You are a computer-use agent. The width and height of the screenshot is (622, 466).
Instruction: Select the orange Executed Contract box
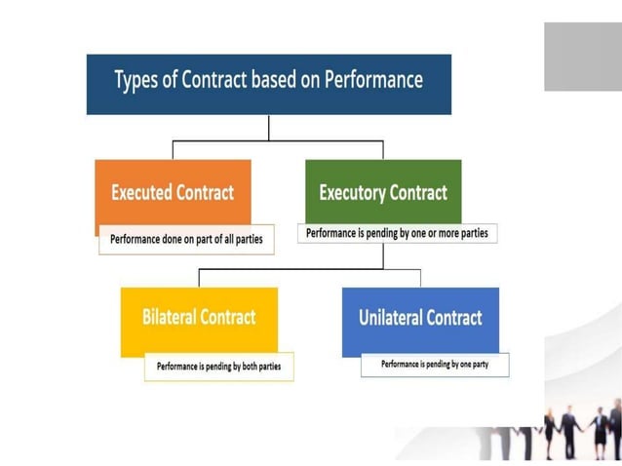[x=173, y=192]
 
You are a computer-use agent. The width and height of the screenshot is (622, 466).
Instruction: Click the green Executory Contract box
[x=383, y=192]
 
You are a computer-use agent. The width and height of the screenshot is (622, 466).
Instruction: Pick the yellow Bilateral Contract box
[x=199, y=318]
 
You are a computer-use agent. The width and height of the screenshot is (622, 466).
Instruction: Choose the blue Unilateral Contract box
[x=420, y=318]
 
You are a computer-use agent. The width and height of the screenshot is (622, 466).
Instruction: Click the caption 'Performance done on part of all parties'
[x=186, y=239]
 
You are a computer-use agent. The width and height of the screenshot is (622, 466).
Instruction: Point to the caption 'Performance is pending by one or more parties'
[x=397, y=234]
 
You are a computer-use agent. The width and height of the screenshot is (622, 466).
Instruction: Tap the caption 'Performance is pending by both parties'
[x=218, y=368]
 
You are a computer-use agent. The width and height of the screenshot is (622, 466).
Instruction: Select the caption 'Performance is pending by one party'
[x=435, y=365]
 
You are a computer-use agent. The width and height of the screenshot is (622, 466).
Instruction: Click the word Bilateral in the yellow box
[x=170, y=318]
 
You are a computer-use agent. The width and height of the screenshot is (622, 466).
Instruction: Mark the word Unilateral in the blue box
[x=391, y=318]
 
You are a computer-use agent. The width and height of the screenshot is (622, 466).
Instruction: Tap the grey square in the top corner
[x=582, y=57]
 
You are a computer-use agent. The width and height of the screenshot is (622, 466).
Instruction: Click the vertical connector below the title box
[x=269, y=128]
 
